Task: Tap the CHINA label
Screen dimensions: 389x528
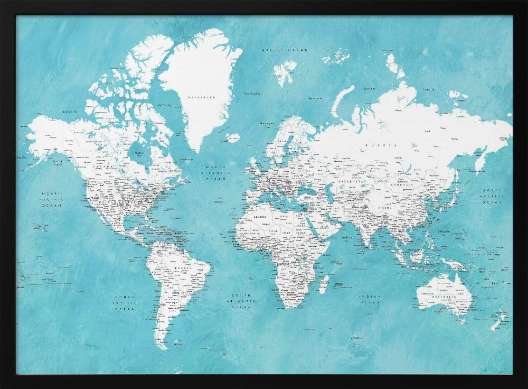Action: [384, 208]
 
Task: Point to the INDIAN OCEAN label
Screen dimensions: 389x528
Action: [370, 300]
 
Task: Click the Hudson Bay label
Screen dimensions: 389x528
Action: [139, 153]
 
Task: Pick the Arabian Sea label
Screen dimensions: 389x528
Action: [347, 239]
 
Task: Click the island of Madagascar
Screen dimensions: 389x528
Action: [324, 284]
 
